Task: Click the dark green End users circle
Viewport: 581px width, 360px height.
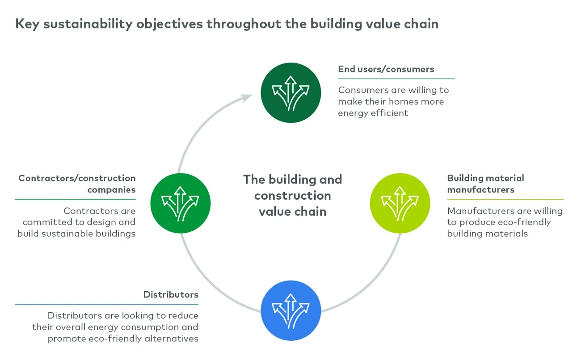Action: [x=290, y=92]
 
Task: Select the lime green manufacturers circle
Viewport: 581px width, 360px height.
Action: [x=400, y=203]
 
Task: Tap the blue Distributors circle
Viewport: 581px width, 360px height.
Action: [x=290, y=310]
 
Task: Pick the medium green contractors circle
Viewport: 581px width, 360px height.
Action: [x=180, y=203]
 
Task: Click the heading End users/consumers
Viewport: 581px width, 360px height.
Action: [x=386, y=69]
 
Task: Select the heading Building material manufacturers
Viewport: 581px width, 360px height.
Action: [x=485, y=184]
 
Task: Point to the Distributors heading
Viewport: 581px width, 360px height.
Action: [x=171, y=294]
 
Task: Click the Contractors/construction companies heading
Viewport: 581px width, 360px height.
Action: [x=77, y=184]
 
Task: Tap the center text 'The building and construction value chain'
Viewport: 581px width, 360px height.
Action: [x=292, y=195]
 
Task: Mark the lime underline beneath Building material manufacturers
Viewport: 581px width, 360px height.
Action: [x=505, y=199]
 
